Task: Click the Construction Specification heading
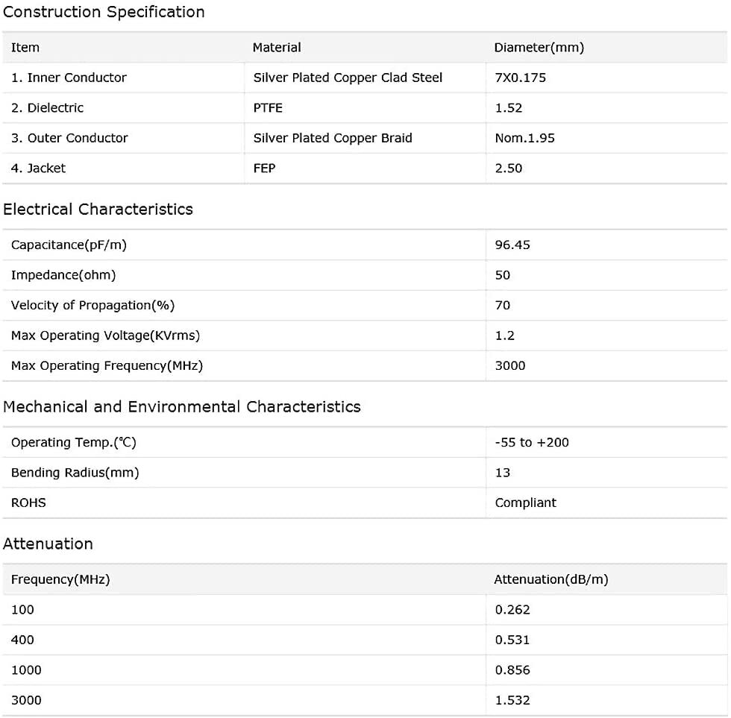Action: pyautogui.click(x=104, y=12)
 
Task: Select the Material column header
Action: pyautogui.click(x=277, y=48)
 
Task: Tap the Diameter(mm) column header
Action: pyautogui.click(x=539, y=48)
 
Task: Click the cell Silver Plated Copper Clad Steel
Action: pyautogui.click(x=348, y=78)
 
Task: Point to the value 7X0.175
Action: pyautogui.click(x=521, y=78)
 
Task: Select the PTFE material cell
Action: pyautogui.click(x=268, y=108)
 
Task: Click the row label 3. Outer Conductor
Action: pyautogui.click(x=69, y=138)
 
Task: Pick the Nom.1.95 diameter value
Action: pyautogui.click(x=524, y=138)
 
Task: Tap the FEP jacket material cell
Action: pyautogui.click(x=264, y=169)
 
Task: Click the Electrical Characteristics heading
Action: pyautogui.click(x=98, y=210)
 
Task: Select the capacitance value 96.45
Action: pyautogui.click(x=512, y=245)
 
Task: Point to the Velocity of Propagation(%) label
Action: pyautogui.click(x=92, y=305)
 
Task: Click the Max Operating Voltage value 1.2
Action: pyautogui.click(x=505, y=336)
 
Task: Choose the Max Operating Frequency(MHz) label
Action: pyautogui.click(x=107, y=365)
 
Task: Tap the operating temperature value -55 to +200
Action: pyautogui.click(x=532, y=442)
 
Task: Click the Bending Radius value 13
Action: pyautogui.click(x=503, y=473)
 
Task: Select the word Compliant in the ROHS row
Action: pyautogui.click(x=525, y=503)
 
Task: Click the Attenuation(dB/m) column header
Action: pyautogui.click(x=550, y=579)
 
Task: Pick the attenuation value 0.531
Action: pyautogui.click(x=512, y=640)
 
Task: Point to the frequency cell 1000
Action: pyautogui.click(x=26, y=670)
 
